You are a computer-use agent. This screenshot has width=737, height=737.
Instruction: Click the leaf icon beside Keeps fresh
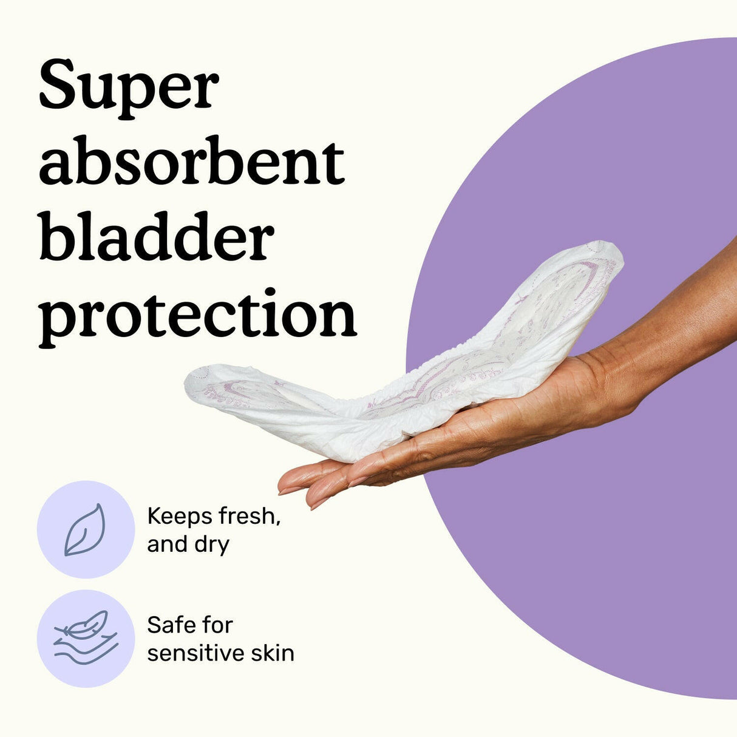coord(86,529)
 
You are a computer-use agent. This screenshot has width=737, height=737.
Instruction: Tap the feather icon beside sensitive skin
coord(86,638)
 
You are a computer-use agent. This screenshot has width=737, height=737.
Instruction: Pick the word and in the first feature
coord(168,545)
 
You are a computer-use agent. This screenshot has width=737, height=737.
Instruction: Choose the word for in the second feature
coord(217,625)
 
